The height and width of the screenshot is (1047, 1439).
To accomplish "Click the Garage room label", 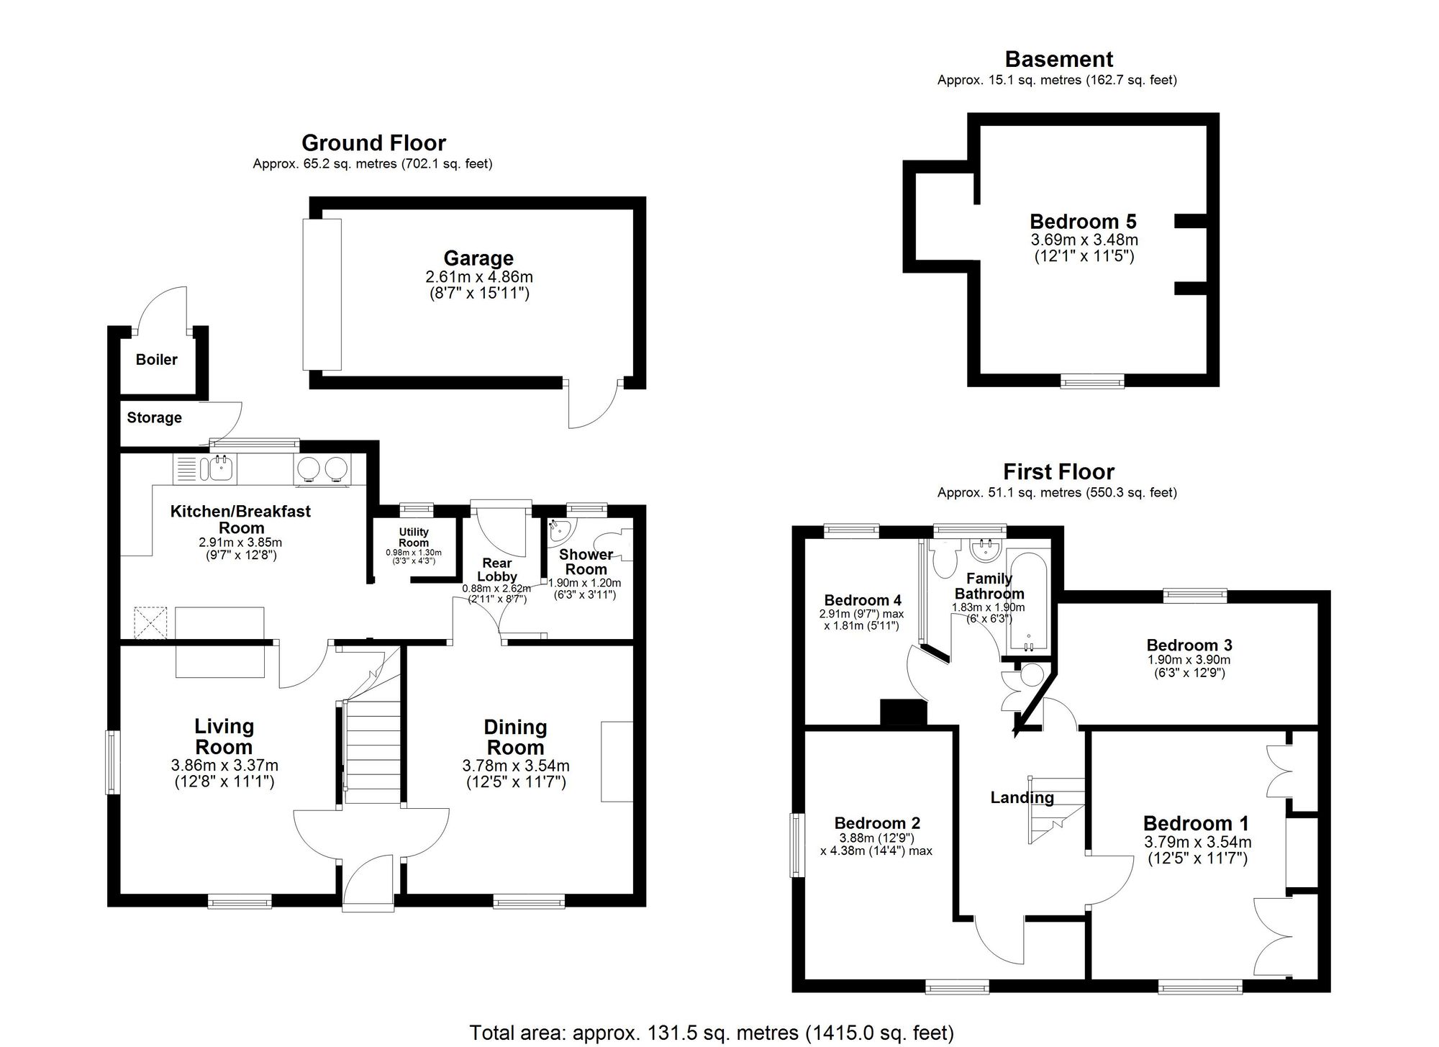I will [478, 258].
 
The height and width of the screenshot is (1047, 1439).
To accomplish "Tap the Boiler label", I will [156, 359].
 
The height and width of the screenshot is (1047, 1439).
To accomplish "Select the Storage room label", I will [154, 417].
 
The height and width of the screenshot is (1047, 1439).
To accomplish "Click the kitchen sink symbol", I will [219, 468].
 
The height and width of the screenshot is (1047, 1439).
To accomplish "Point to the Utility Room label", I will [414, 538].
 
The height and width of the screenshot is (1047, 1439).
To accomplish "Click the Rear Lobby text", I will [497, 569].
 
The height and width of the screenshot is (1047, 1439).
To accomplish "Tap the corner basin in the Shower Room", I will [559, 530].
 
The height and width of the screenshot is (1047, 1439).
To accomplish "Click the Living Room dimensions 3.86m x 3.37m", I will [224, 766].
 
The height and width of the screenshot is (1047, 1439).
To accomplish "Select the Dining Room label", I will [515, 737].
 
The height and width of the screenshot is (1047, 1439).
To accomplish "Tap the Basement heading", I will [1058, 59].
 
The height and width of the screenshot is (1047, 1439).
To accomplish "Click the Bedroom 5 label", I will [1082, 221].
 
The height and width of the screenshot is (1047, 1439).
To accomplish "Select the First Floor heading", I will [1058, 472].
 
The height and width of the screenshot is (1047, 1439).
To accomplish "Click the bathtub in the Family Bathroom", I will [1029, 601].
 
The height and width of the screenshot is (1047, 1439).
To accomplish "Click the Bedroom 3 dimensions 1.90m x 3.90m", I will [1189, 660].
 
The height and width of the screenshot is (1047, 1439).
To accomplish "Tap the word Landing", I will [1022, 797].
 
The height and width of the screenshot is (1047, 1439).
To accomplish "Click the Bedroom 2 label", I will [876, 823].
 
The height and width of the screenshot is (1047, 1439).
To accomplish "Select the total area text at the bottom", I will [711, 1033].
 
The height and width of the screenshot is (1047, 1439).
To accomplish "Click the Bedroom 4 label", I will [862, 600].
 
